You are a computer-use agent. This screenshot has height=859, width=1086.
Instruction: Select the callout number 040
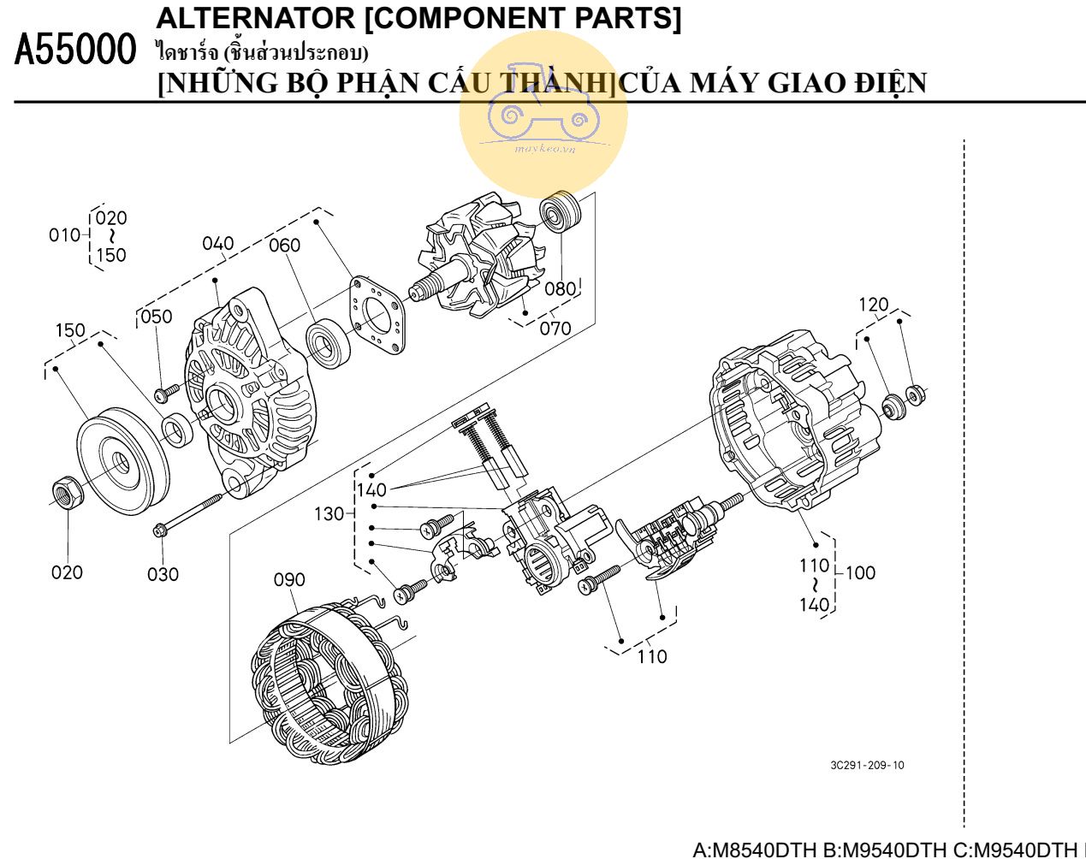click(x=217, y=244)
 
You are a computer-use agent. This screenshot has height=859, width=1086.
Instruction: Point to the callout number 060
click(x=285, y=246)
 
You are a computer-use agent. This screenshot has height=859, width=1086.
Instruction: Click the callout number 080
click(x=560, y=289)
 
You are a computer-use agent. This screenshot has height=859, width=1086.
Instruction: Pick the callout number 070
click(x=555, y=328)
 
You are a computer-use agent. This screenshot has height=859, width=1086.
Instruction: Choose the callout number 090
click(x=289, y=580)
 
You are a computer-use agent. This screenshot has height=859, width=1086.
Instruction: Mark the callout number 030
click(x=163, y=574)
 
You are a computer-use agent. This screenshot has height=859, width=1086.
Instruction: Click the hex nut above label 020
click(x=67, y=491)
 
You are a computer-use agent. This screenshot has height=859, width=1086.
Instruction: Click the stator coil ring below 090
click(x=329, y=684)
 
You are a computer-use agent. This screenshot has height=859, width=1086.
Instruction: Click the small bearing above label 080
click(x=561, y=212)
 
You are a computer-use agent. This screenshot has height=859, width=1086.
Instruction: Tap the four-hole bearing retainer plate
click(x=377, y=314)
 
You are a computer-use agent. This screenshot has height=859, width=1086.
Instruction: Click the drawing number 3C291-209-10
click(x=866, y=765)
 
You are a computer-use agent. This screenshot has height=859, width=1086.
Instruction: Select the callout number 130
click(x=329, y=514)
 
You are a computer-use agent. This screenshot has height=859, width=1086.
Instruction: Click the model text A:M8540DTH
click(x=754, y=850)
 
